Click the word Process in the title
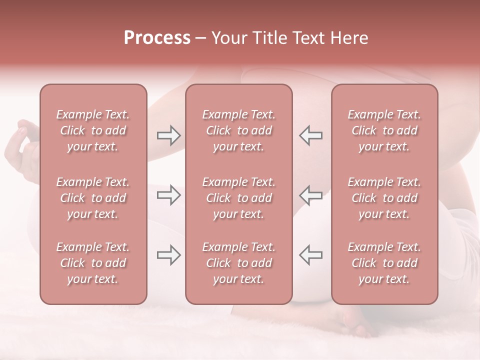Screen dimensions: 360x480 coord(157,38)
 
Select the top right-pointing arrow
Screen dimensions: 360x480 coord(168,135)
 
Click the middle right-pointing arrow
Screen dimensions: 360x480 coord(168,195)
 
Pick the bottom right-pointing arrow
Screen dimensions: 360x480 coord(168,255)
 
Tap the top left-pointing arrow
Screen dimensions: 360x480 coord(310,135)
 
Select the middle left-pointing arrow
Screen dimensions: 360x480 coord(310,195)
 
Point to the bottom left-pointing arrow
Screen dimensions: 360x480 coord(310,255)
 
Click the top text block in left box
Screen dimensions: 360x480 coord(93,130)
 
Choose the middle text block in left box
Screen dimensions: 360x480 coord(93,198)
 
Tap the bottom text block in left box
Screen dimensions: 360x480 coord(93,263)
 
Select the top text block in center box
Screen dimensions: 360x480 coord(239,130)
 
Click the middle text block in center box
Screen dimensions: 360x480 coord(239,198)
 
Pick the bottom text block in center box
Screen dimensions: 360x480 coord(239,263)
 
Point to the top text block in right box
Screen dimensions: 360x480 coord(384,130)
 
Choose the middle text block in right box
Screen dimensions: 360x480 coord(384,198)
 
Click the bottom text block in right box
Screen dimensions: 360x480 coord(384,263)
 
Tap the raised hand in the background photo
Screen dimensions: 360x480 coord(22,140)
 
